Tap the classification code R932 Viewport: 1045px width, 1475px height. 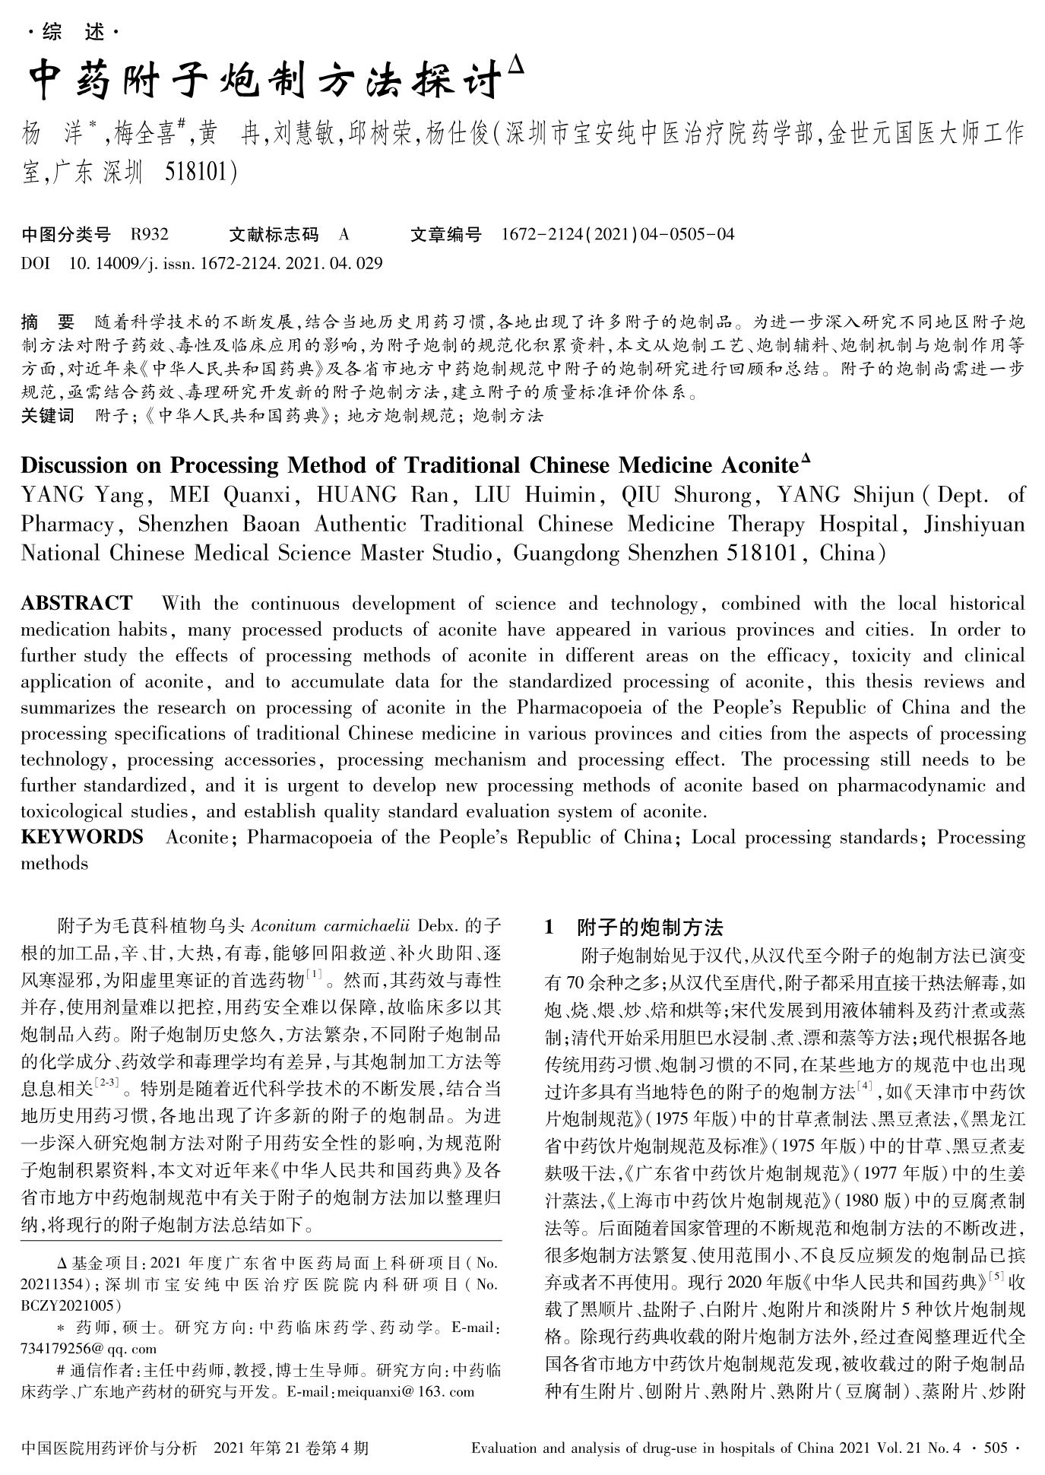150,234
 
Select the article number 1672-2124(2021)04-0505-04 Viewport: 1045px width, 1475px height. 618,234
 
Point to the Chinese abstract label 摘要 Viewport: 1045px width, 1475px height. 48,322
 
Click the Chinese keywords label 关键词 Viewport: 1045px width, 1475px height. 48,415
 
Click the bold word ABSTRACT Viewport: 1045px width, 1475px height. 76,604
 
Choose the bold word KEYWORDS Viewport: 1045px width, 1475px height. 81,837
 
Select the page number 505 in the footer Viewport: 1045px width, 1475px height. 995,1448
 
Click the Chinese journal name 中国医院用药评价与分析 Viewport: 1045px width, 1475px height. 110,1448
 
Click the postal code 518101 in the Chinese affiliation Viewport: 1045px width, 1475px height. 200,174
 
